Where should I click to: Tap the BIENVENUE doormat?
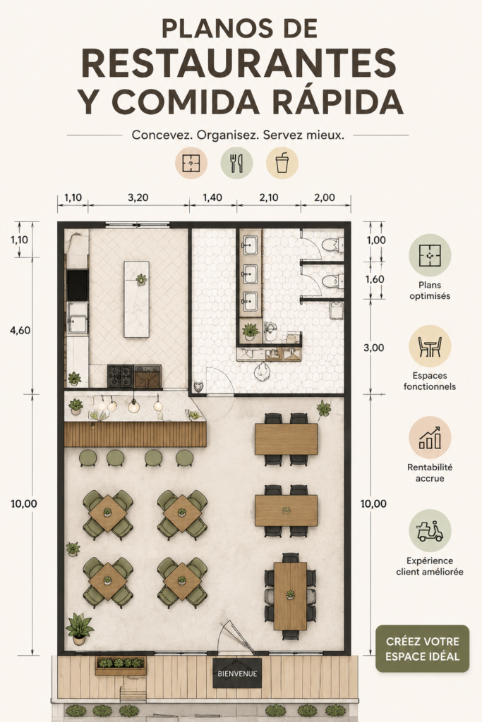(x=237, y=673)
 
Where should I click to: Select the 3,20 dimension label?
(x=138, y=197)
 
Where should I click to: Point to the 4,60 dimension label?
(x=20, y=330)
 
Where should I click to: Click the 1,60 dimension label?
(x=375, y=279)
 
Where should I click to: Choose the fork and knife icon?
(x=236, y=163)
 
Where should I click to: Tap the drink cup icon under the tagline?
(x=282, y=163)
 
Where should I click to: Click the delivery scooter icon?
(x=430, y=530)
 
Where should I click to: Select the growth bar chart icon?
(x=430, y=437)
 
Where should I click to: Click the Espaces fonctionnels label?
(x=430, y=381)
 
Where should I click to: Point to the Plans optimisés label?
(x=430, y=290)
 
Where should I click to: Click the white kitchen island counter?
(x=136, y=299)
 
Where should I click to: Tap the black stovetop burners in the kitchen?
(x=121, y=376)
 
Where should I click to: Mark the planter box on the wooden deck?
(x=121, y=666)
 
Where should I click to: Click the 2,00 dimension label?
(x=325, y=197)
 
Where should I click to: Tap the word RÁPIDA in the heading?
(x=338, y=102)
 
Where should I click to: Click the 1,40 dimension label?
(x=212, y=197)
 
